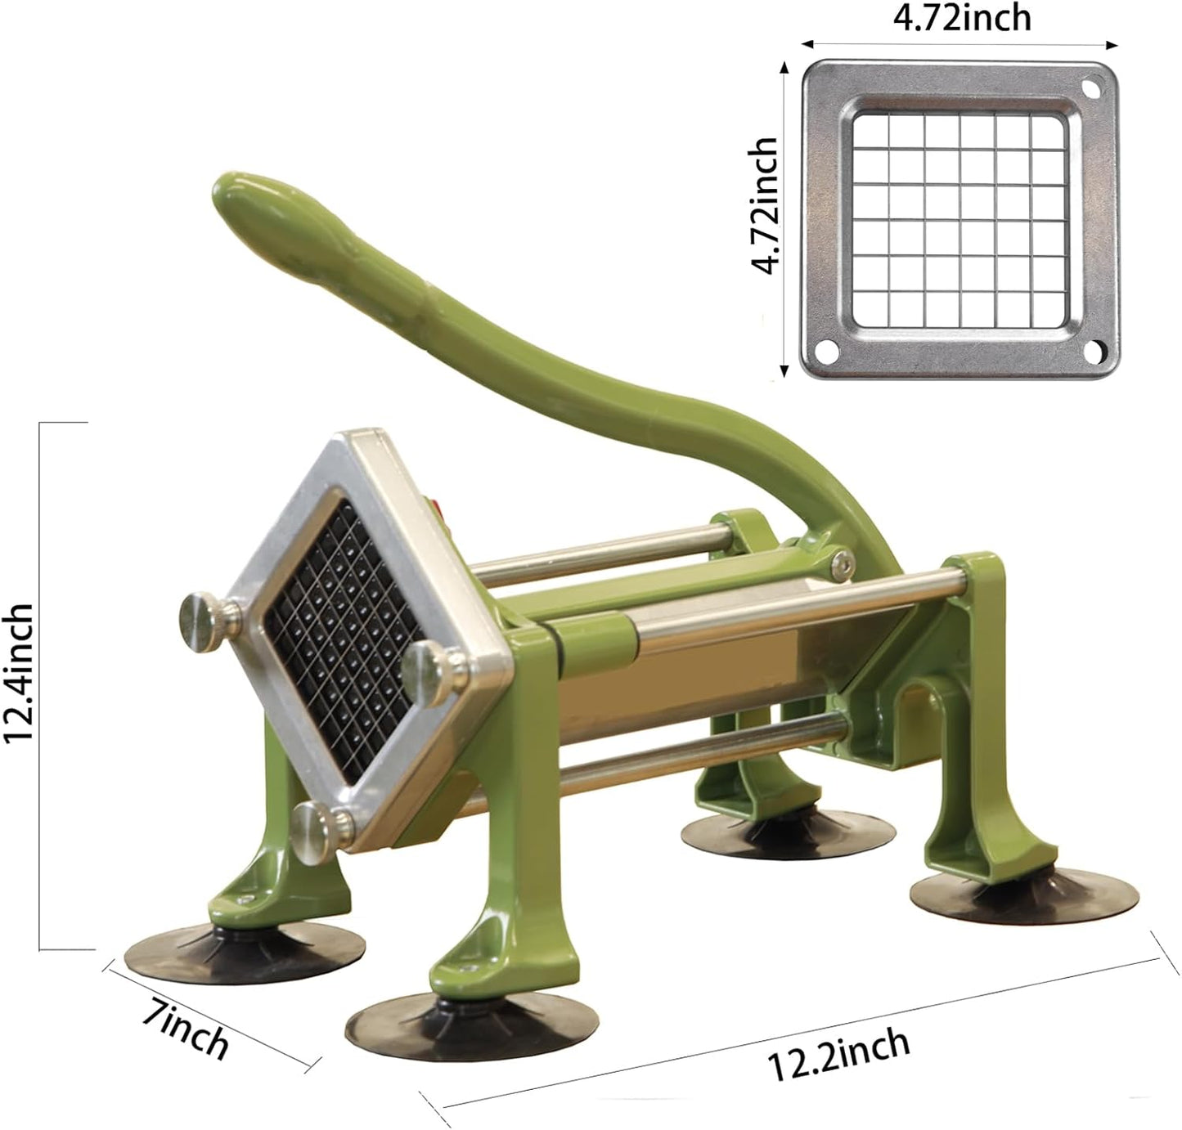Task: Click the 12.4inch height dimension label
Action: tap(20, 672)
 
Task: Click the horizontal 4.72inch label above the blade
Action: tap(961, 18)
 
